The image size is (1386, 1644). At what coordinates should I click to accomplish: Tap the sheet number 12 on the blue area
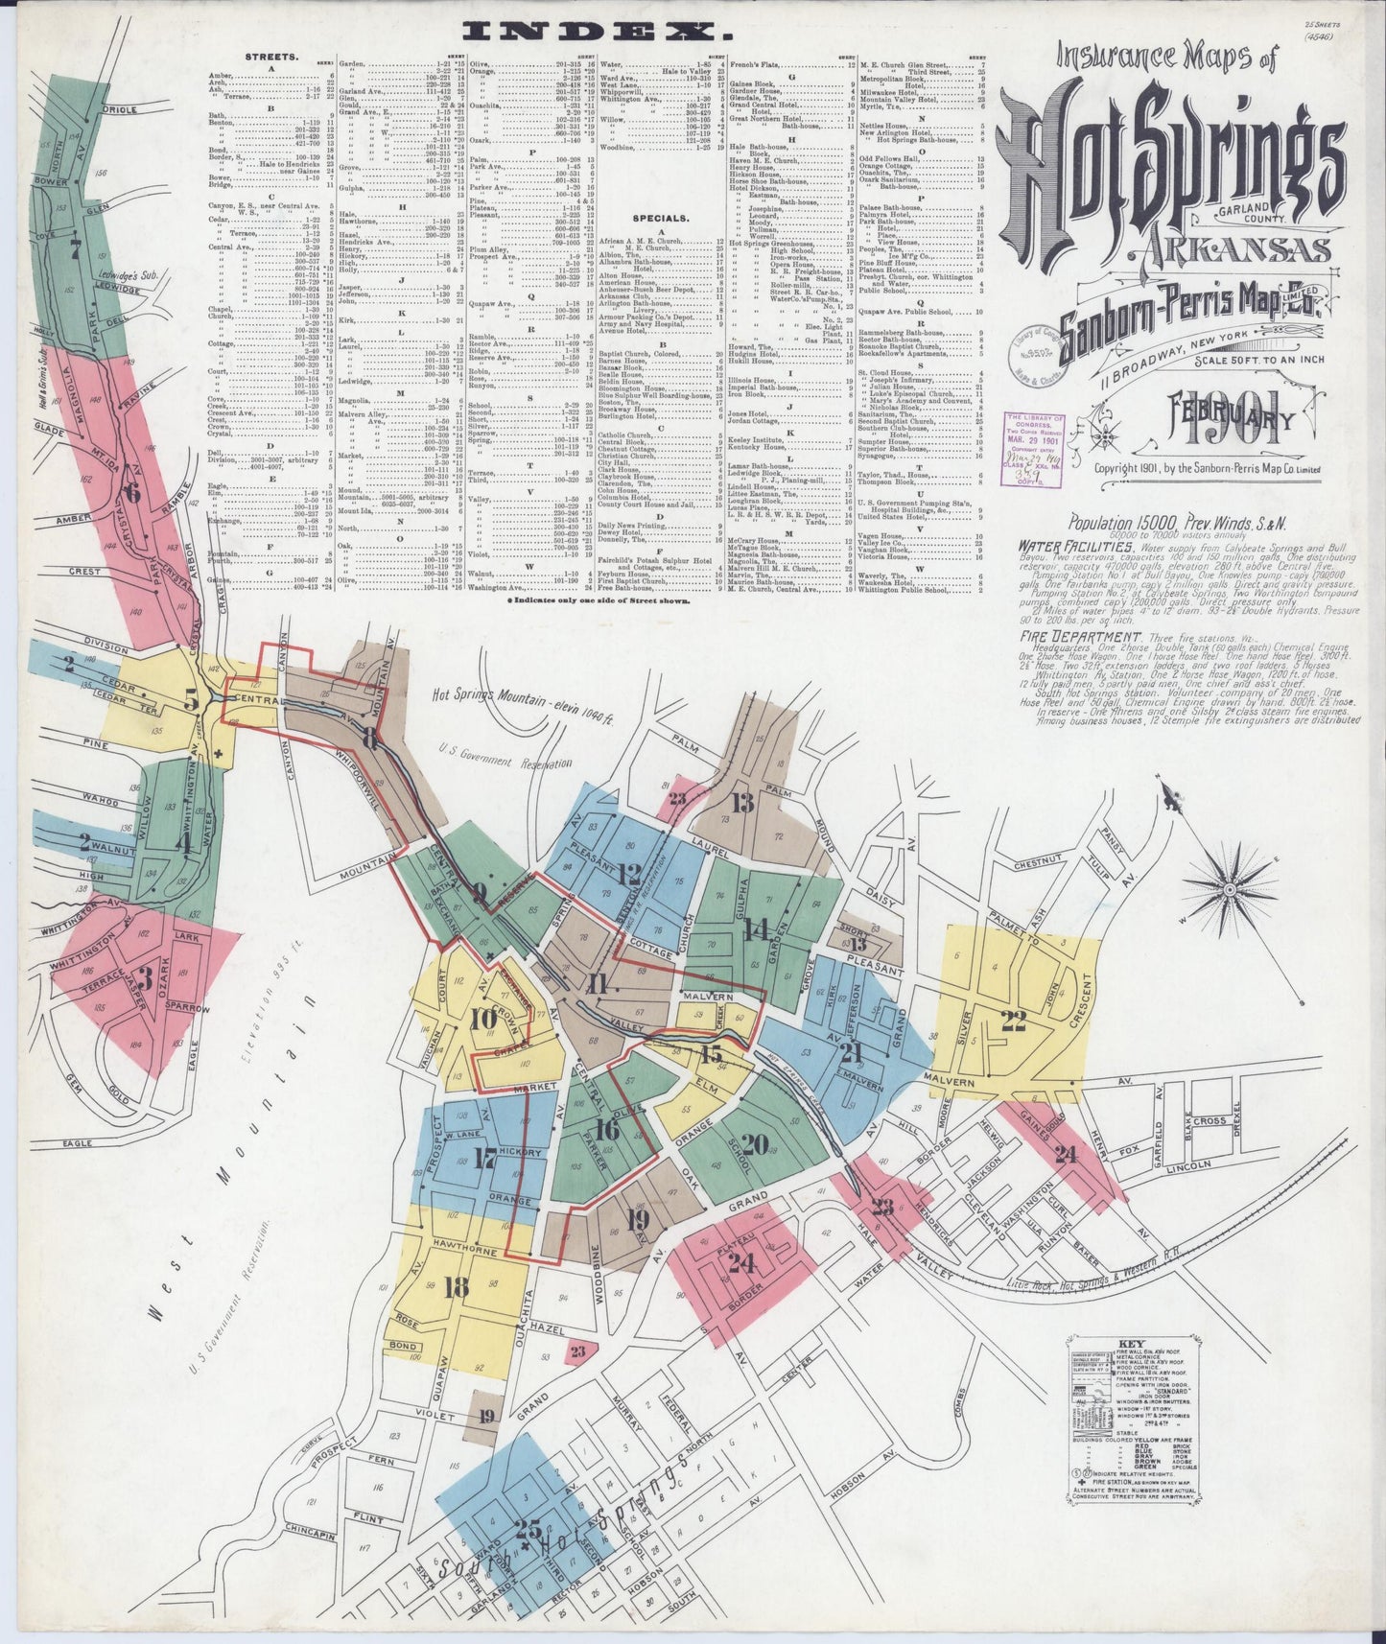click(x=629, y=873)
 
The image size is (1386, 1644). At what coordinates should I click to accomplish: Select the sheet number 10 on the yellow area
click(x=483, y=1018)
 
